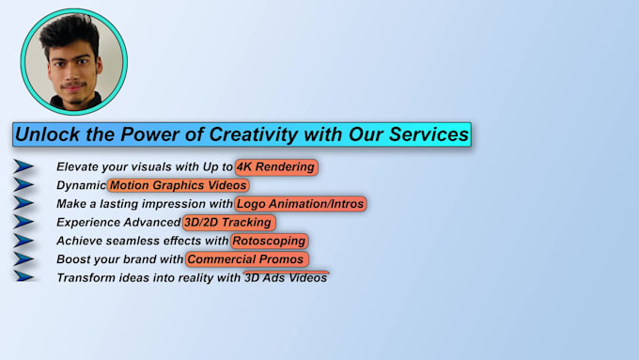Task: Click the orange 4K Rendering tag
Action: pos(276,167)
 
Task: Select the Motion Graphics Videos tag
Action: pos(179,185)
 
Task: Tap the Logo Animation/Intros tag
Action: pos(300,204)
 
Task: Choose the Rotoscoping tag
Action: pos(270,241)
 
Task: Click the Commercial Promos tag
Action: pos(247,259)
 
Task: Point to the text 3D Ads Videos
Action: pos(286,277)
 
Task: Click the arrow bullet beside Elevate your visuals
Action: pos(24,167)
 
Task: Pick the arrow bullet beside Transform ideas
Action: pos(24,277)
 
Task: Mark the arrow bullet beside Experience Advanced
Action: pos(24,223)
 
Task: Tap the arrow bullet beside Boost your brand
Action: pos(24,259)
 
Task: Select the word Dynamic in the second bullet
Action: pos(81,186)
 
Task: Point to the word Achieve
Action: pos(79,242)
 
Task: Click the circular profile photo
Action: pos(74,61)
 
